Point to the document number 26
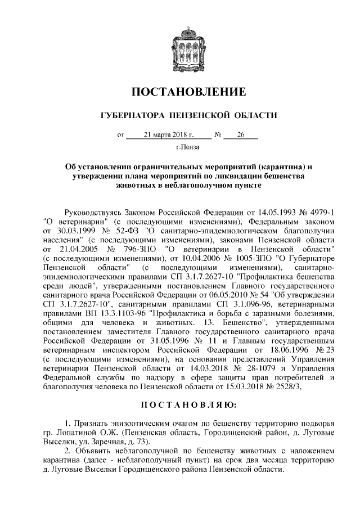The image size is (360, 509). [241, 135]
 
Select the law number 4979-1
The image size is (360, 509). [317, 212]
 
